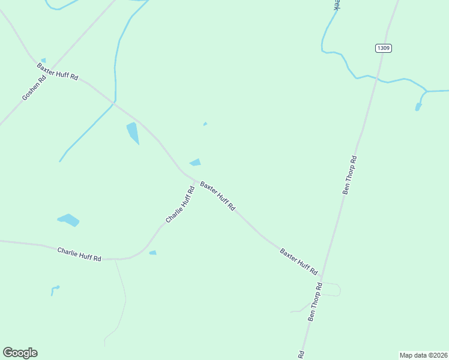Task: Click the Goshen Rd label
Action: (34, 88)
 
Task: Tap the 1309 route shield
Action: (384, 48)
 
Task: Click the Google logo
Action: (20, 353)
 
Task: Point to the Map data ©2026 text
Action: (423, 355)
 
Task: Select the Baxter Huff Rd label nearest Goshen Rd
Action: (58, 71)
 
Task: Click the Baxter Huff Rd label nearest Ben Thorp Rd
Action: (298, 261)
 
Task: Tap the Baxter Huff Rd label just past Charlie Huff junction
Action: (217, 196)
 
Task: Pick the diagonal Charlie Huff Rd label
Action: (180, 205)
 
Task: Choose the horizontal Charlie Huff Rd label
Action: (79, 254)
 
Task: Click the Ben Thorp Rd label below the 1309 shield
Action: (349, 175)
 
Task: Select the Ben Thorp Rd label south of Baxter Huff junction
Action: (315, 302)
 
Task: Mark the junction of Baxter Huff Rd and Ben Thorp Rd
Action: (321, 280)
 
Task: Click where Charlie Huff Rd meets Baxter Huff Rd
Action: (194, 180)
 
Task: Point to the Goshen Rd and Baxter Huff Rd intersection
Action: (50, 68)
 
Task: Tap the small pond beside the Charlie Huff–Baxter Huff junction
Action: (195, 162)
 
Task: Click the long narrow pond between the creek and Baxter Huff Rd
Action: (133, 133)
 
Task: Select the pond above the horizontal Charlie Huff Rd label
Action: (68, 220)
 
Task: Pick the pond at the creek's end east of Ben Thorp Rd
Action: (418, 107)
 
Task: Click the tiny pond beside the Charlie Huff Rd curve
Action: (152, 253)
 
